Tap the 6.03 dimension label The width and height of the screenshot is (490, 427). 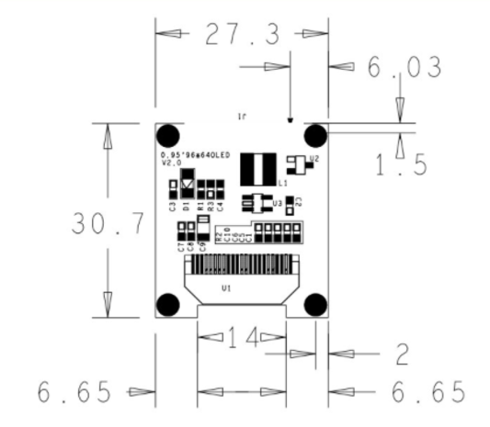coord(404,66)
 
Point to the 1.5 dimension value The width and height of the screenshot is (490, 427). coord(401,163)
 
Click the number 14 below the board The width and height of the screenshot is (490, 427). coord(244,337)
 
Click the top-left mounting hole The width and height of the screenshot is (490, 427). coord(170,136)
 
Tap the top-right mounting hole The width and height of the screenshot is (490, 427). coord(314,136)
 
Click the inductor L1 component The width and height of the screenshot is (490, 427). coord(258,168)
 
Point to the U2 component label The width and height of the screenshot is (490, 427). coord(314,160)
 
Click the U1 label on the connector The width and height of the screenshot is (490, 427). coord(226,288)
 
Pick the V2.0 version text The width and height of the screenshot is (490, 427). coord(171,163)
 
